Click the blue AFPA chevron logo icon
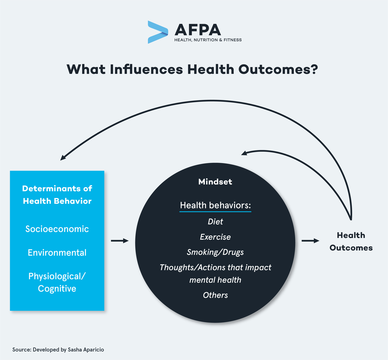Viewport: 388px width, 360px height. pyautogui.click(x=158, y=32)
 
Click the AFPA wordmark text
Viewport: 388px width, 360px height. pyautogui.click(x=198, y=30)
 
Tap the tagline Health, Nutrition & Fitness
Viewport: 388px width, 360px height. pyautogui.click(x=208, y=40)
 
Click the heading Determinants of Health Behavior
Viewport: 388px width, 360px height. pyautogui.click(x=57, y=195)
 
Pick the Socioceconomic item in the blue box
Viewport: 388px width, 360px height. pyautogui.click(x=57, y=229)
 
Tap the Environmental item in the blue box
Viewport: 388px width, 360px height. pyautogui.click(x=57, y=252)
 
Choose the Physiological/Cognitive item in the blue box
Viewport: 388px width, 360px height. pyautogui.click(x=57, y=282)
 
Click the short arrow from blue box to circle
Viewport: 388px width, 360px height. pyautogui.click(x=120, y=241)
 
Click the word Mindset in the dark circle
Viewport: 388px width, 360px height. pyautogui.click(x=215, y=182)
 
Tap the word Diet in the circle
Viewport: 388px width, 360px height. pyautogui.click(x=215, y=221)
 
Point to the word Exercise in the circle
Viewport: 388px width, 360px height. pyautogui.click(x=215, y=237)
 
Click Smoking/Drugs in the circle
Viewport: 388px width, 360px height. pyautogui.click(x=215, y=252)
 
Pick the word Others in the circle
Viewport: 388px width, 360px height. pyautogui.click(x=215, y=295)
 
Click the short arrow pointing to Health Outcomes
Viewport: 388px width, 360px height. pyautogui.click(x=311, y=241)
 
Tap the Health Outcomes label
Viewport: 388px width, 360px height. pyautogui.click(x=351, y=241)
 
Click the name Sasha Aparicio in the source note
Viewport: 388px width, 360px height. pyautogui.click(x=86, y=349)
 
